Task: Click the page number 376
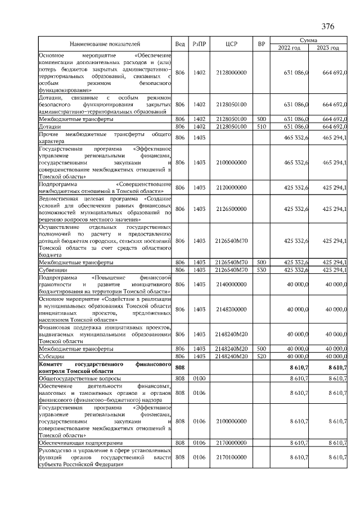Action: click(327, 26)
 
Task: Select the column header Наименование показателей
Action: click(105, 44)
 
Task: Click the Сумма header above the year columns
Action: click(308, 40)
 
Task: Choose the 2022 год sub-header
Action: click(289, 48)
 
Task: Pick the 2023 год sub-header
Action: click(328, 48)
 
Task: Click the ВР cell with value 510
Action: click(261, 127)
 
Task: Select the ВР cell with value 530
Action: click(261, 270)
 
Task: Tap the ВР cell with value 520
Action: click(261, 356)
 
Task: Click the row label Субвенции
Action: click(53, 270)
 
